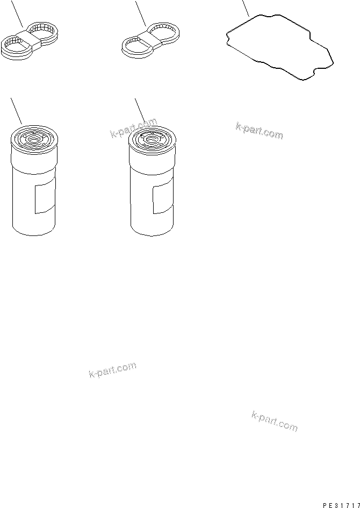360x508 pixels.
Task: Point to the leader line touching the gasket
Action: coord(246,9)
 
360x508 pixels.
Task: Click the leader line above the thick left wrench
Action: coord(17,13)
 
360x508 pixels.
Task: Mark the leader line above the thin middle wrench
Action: coord(141,13)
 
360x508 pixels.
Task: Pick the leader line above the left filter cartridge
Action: coord(16,111)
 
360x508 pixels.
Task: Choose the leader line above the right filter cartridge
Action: coord(140,111)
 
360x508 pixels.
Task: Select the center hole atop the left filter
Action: coord(33,140)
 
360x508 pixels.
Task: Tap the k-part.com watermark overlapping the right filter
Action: coord(134,128)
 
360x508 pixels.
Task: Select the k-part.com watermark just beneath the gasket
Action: coord(259,131)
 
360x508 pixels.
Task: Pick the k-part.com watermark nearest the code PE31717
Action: coord(274,421)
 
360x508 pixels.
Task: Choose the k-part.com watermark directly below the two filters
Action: coord(112,370)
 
